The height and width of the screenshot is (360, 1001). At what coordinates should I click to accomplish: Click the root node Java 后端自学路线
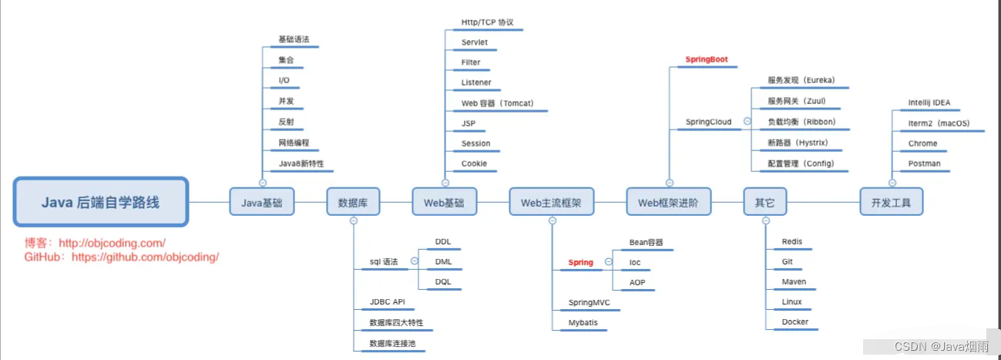click(x=101, y=202)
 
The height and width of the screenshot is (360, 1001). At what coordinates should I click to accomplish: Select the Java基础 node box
click(x=261, y=203)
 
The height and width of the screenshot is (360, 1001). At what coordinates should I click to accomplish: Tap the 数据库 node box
click(x=353, y=203)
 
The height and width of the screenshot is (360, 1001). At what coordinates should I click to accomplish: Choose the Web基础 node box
click(x=445, y=203)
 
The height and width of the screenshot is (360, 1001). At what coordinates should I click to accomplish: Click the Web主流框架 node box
click(x=551, y=203)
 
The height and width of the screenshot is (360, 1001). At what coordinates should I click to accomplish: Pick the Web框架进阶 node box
click(x=668, y=203)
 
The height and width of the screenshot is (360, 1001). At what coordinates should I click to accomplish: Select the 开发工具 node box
click(x=891, y=203)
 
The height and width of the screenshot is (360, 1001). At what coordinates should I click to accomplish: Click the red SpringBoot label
click(x=707, y=59)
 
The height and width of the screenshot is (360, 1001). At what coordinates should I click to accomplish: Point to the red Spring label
click(x=581, y=262)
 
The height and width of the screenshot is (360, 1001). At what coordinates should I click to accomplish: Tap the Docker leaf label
click(x=795, y=322)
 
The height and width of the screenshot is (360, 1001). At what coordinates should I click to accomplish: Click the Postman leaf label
click(x=924, y=163)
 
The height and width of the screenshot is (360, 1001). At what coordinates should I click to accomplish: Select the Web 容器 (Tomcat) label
click(x=497, y=103)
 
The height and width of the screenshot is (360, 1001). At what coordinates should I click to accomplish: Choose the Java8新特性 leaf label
click(x=301, y=163)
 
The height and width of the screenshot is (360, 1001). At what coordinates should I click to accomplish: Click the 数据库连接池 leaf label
click(x=393, y=343)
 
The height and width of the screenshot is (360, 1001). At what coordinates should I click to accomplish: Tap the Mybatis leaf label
click(x=583, y=322)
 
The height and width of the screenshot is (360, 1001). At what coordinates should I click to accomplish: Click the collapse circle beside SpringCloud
click(x=746, y=121)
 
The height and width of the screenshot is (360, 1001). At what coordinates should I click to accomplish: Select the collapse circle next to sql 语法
click(x=414, y=261)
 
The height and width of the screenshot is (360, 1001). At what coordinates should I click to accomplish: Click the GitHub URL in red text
click(x=145, y=257)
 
